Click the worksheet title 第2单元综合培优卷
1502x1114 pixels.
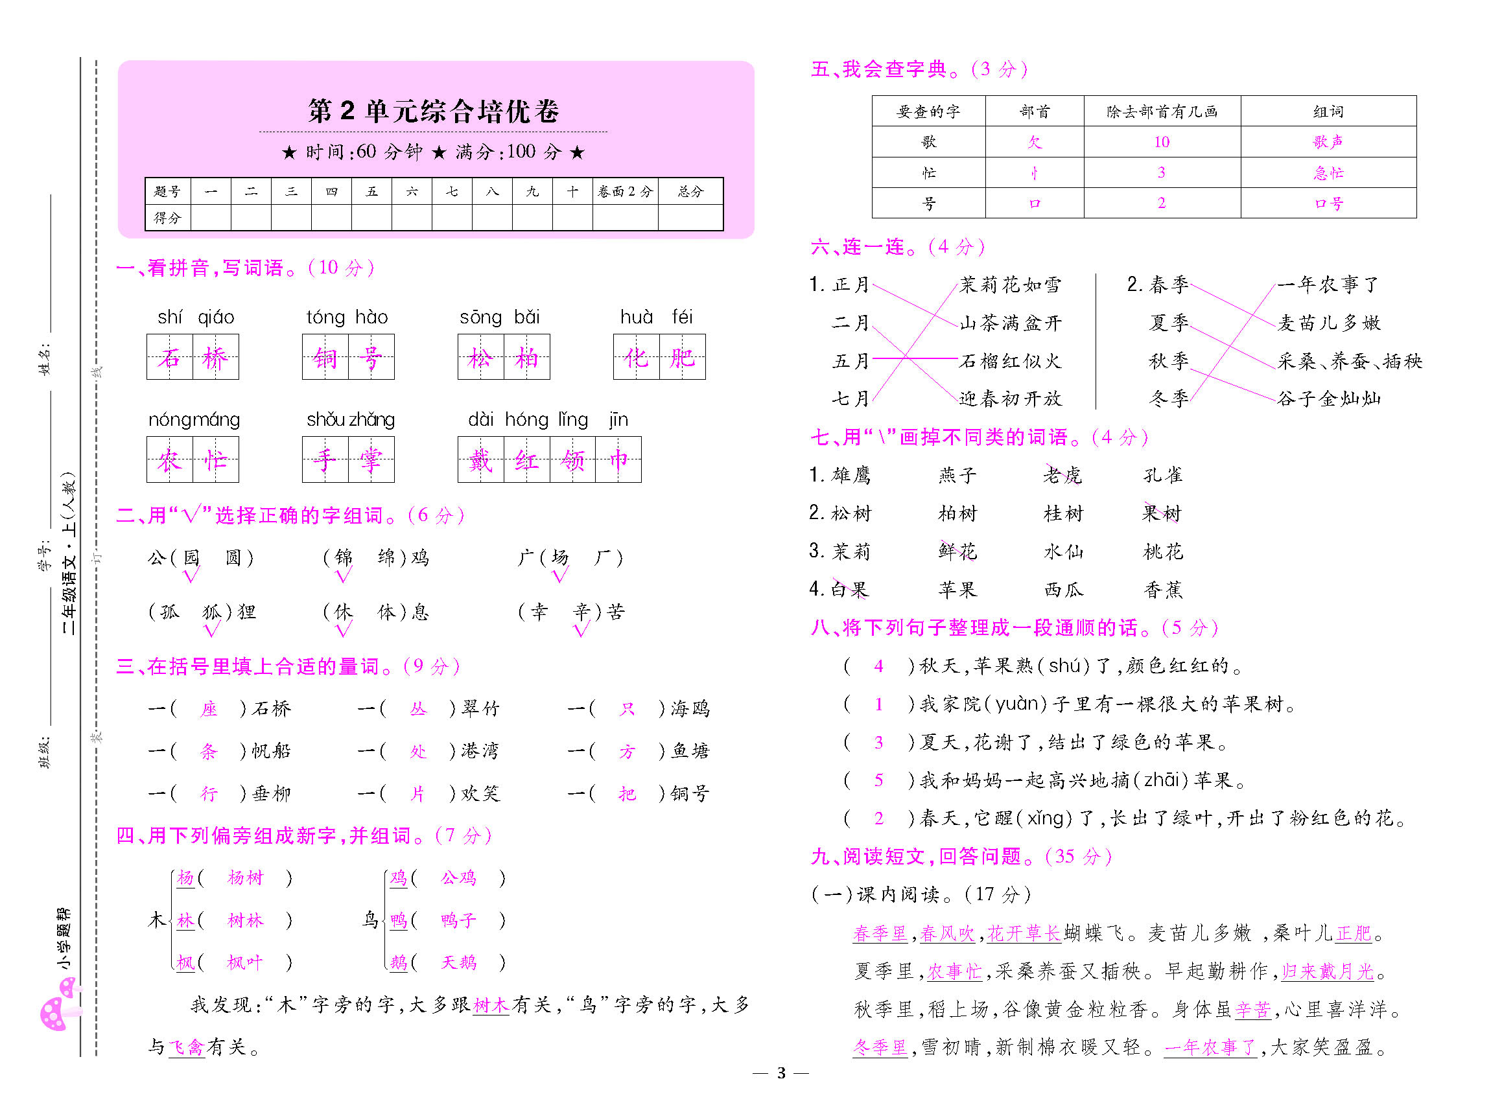tap(433, 111)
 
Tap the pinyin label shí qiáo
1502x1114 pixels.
tap(196, 317)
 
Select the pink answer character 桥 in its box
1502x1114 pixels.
tap(215, 357)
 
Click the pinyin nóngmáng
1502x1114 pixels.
tap(194, 419)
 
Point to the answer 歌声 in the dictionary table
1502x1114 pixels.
tap(1328, 142)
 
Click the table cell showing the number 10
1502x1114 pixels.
tap(1161, 142)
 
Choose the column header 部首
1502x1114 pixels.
tap(1034, 111)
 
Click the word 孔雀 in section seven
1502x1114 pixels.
tap(1162, 475)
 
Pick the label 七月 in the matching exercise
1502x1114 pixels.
tap(851, 399)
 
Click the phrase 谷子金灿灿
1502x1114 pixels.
tap(1328, 399)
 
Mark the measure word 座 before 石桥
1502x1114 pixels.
tap(209, 709)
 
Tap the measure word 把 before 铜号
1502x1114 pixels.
tap(628, 794)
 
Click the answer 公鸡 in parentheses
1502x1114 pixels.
tap(458, 877)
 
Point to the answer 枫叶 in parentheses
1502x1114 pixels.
tap(245, 962)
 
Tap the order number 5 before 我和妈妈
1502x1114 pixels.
tap(878, 780)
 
